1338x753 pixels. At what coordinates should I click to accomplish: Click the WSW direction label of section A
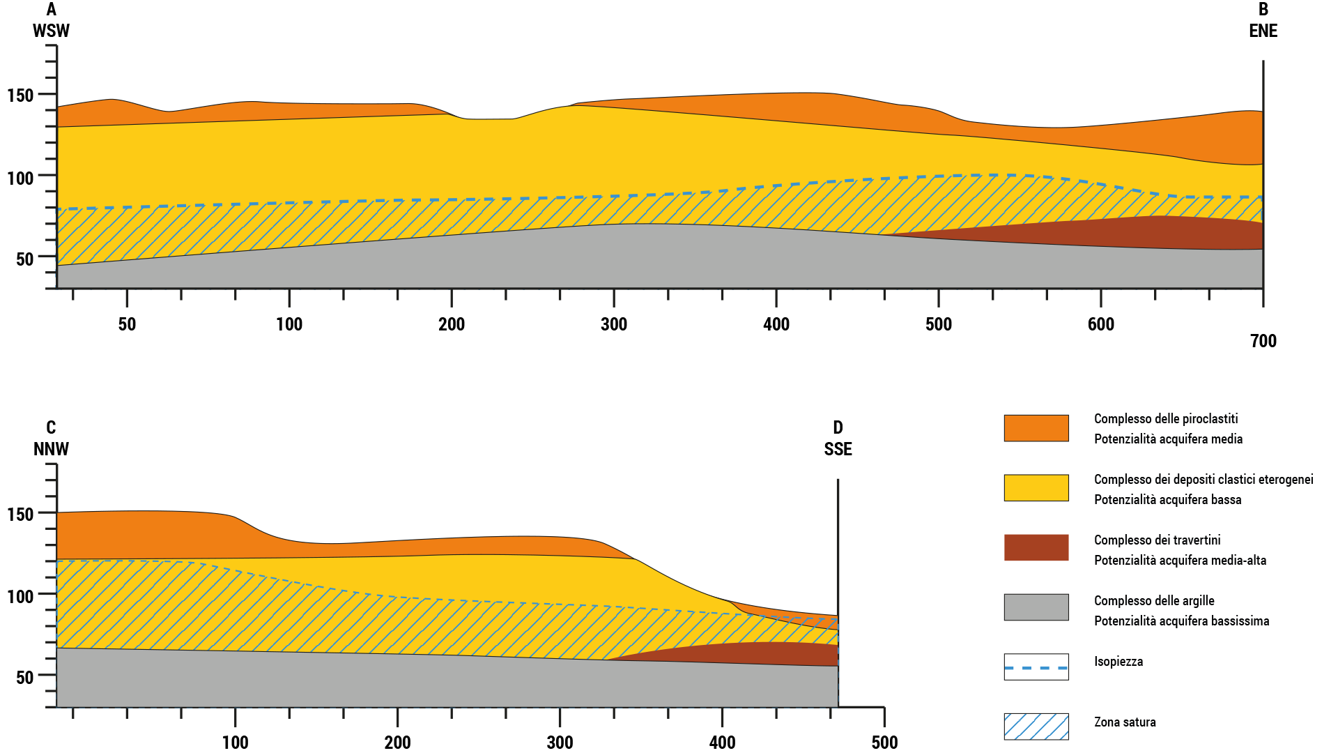pyautogui.click(x=51, y=31)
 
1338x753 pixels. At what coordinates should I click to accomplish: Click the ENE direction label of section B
pyautogui.click(x=1263, y=31)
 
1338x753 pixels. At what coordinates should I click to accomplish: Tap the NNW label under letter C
pyautogui.click(x=51, y=449)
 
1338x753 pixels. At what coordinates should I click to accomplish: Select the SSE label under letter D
pyautogui.click(x=838, y=449)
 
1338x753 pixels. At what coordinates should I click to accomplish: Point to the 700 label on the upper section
pyautogui.click(x=1263, y=341)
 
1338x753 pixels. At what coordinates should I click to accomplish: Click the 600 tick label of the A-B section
pyautogui.click(x=1100, y=324)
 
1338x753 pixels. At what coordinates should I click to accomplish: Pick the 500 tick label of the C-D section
pyautogui.click(x=884, y=743)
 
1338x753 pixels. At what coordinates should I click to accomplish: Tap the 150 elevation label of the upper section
pyautogui.click(x=20, y=96)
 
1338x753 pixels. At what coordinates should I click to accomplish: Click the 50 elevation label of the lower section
pyautogui.click(x=24, y=677)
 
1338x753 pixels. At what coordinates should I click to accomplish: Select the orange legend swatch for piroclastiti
pyautogui.click(x=1036, y=428)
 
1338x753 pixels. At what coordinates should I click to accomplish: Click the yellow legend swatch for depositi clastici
pyautogui.click(x=1036, y=488)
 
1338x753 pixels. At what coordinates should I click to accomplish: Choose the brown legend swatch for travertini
pyautogui.click(x=1036, y=548)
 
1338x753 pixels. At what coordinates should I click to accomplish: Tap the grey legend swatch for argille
pyautogui.click(x=1036, y=607)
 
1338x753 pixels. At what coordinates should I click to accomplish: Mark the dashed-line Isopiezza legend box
pyautogui.click(x=1036, y=667)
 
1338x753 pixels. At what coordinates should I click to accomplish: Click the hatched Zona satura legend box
pyautogui.click(x=1036, y=727)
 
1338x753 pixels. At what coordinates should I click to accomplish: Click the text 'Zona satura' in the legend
pyautogui.click(x=1125, y=722)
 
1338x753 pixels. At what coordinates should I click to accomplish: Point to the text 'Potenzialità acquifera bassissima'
pyautogui.click(x=1181, y=621)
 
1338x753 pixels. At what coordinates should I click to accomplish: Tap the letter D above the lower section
pyautogui.click(x=838, y=427)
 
